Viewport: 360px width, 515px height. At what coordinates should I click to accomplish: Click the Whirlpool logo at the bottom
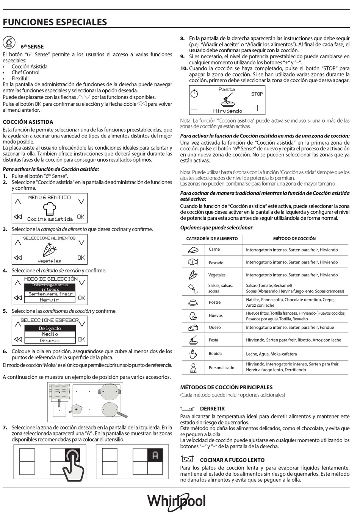tap(177, 501)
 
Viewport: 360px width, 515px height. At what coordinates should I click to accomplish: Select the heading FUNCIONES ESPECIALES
tap(55, 22)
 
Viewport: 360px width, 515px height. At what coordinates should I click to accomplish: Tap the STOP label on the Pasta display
tap(257, 94)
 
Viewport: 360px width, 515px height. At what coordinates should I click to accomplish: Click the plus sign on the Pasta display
tap(257, 108)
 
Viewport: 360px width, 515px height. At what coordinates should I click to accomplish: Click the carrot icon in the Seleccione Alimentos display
tap(49, 250)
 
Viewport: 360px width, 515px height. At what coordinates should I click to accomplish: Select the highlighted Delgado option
tap(50, 328)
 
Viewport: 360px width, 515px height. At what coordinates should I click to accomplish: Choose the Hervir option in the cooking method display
tap(50, 300)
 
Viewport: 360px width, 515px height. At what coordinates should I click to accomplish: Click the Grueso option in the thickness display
tap(50, 340)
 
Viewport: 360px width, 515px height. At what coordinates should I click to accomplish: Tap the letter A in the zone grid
tap(155, 455)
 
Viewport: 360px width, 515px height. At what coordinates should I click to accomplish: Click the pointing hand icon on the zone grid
tap(74, 464)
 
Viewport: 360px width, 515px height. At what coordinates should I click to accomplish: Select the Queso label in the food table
tap(214, 328)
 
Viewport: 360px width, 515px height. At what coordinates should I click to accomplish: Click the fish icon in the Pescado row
tap(193, 262)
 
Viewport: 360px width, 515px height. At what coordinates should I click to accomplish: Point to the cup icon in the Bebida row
tap(193, 354)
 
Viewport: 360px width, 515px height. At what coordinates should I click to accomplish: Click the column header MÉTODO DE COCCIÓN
tap(294, 239)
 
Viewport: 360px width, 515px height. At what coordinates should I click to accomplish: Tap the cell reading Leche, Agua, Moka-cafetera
tap(271, 354)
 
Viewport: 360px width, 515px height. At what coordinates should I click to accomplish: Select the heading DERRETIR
tap(212, 409)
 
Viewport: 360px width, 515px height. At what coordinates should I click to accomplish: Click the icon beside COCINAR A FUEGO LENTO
tap(188, 459)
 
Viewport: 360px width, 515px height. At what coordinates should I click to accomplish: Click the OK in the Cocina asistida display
tap(81, 217)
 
